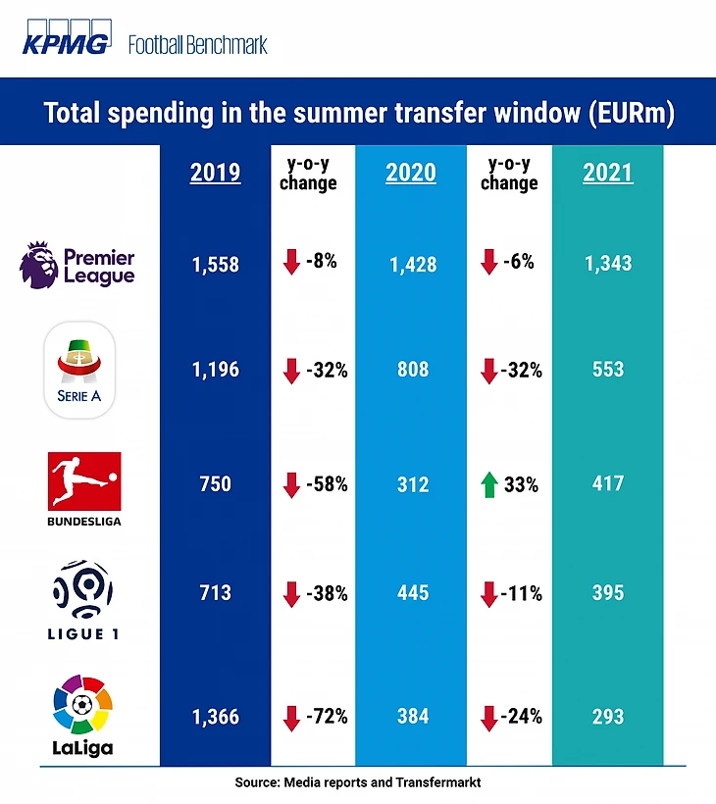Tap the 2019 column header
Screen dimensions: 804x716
coord(215,174)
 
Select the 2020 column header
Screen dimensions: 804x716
coord(411,174)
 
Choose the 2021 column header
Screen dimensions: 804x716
coord(608,174)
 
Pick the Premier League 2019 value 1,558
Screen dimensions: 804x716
coord(215,265)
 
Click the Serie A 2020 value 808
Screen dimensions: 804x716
coord(411,372)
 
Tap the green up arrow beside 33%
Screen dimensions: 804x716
coord(486,484)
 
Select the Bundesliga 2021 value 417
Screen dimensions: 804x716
coord(608,484)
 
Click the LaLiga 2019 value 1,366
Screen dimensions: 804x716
coord(215,716)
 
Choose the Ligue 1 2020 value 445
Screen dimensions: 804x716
coord(411,592)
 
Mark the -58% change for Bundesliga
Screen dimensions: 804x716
coord(328,484)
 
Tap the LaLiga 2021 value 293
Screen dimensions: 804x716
coord(608,716)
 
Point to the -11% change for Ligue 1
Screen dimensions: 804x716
coord(521,592)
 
